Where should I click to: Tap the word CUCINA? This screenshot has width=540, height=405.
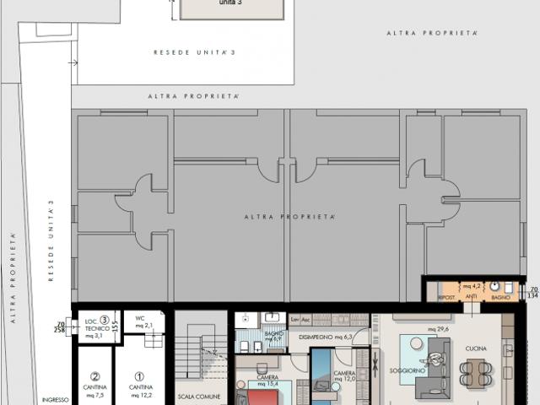point(475,348)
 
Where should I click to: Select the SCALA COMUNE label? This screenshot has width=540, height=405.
point(199,396)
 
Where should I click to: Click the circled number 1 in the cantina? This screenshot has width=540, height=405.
point(140,377)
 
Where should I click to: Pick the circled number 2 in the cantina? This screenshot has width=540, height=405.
point(96,377)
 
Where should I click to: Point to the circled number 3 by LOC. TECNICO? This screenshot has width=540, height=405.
point(104,320)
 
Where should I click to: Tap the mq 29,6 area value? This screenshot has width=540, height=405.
point(437,329)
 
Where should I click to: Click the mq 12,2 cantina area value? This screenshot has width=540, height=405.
point(141,395)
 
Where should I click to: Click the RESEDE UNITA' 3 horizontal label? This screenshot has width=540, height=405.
point(194,52)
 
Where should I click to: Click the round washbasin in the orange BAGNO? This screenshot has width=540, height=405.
point(495,286)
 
